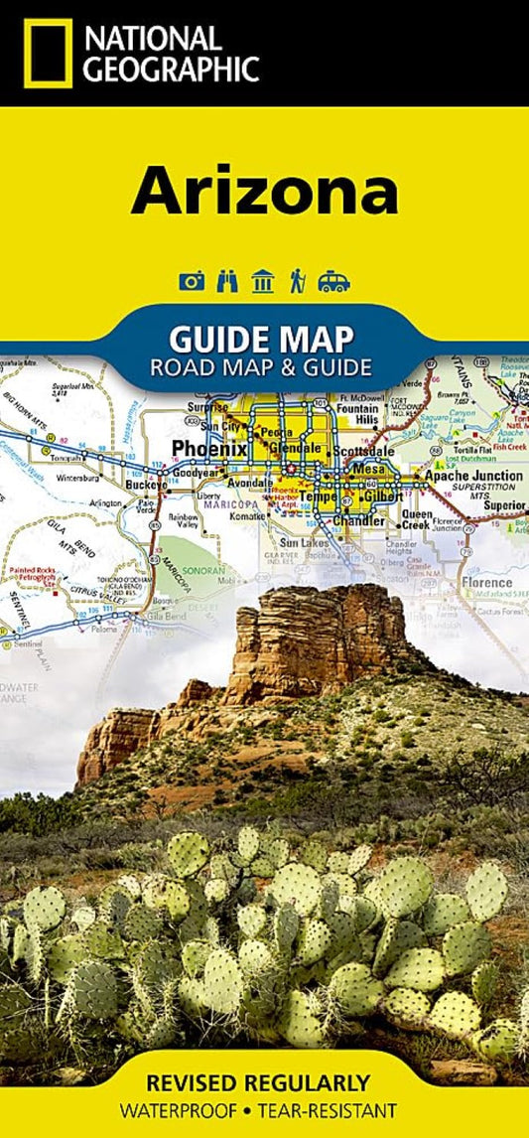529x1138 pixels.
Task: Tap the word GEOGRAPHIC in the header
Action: coord(171,69)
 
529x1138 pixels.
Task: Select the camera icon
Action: coord(192,281)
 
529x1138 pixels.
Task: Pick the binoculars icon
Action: coord(227,281)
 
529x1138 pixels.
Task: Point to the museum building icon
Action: coord(263,281)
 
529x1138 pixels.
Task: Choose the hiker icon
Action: coord(297,281)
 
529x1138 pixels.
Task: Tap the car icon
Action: coord(334,281)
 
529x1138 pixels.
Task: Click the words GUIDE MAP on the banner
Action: coord(263,340)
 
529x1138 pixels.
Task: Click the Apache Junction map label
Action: coord(473,477)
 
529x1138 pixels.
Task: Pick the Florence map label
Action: coord(485,582)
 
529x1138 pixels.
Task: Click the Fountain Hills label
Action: coord(357,414)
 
